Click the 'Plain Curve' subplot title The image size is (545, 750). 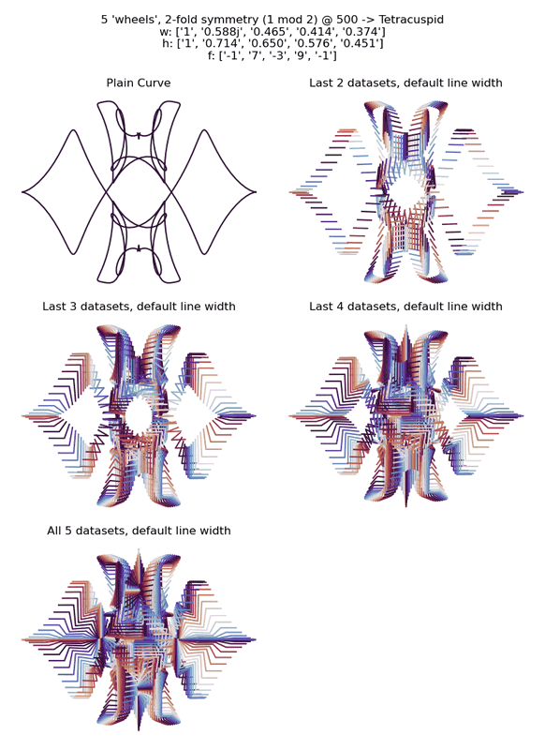click(x=139, y=82)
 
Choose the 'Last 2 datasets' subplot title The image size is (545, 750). click(x=406, y=82)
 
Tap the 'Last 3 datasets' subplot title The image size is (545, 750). click(x=139, y=307)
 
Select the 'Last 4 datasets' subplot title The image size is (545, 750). click(x=406, y=307)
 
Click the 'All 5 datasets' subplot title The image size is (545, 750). click(x=139, y=531)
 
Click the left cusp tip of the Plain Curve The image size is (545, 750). click(x=22, y=192)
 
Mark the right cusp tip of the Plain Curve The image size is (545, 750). click(x=256, y=192)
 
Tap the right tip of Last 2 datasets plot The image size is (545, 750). click(x=523, y=192)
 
